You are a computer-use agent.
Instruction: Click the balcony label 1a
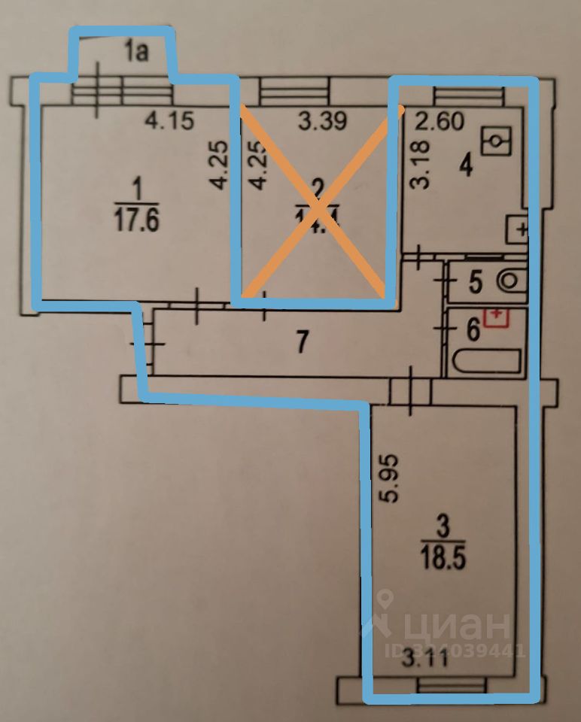137,51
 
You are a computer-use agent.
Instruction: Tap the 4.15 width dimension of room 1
169,121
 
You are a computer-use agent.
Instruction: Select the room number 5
475,283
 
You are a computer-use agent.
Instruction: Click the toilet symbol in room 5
510,281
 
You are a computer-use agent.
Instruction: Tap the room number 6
473,330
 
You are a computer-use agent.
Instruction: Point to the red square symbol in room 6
496,317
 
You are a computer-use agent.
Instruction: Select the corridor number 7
301,343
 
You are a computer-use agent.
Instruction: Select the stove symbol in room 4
519,229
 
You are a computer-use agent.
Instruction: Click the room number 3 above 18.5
443,527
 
